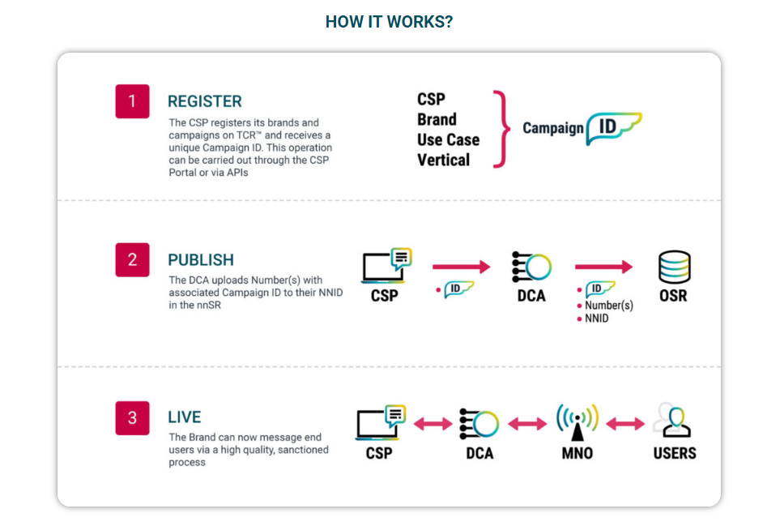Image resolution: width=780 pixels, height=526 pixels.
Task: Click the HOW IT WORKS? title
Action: tap(389, 22)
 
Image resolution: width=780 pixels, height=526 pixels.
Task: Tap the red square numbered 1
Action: tap(132, 101)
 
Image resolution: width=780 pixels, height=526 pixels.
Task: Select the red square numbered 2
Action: tap(132, 260)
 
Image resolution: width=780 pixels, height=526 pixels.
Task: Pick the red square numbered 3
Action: tap(132, 418)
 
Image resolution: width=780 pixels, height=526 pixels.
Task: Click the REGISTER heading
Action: tap(204, 101)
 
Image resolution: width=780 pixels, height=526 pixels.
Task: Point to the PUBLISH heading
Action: tap(201, 260)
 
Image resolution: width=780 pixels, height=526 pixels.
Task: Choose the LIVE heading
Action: tap(184, 417)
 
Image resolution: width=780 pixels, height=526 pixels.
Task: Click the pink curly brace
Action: tap(502, 130)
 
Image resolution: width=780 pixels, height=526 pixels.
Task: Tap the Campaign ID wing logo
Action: tap(614, 128)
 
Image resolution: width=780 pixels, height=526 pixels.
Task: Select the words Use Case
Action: tap(448, 140)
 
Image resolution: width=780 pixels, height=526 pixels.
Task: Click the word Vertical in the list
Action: tap(443, 160)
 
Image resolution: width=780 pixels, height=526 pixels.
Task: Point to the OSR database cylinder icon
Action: tap(674, 267)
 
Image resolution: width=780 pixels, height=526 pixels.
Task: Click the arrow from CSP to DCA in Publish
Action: tap(461, 267)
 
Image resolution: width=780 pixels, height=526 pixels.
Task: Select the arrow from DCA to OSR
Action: tap(603, 267)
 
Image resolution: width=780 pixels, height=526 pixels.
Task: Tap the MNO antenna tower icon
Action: tap(577, 422)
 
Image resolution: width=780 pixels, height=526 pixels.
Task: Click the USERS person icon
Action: tap(673, 420)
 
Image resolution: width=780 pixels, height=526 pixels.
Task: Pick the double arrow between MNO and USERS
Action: tap(625, 424)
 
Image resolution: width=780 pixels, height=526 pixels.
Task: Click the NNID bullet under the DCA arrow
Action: tap(593, 319)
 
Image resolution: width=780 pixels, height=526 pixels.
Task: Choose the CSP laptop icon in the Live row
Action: tap(381, 423)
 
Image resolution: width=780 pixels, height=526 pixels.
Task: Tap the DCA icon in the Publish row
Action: tap(531, 267)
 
